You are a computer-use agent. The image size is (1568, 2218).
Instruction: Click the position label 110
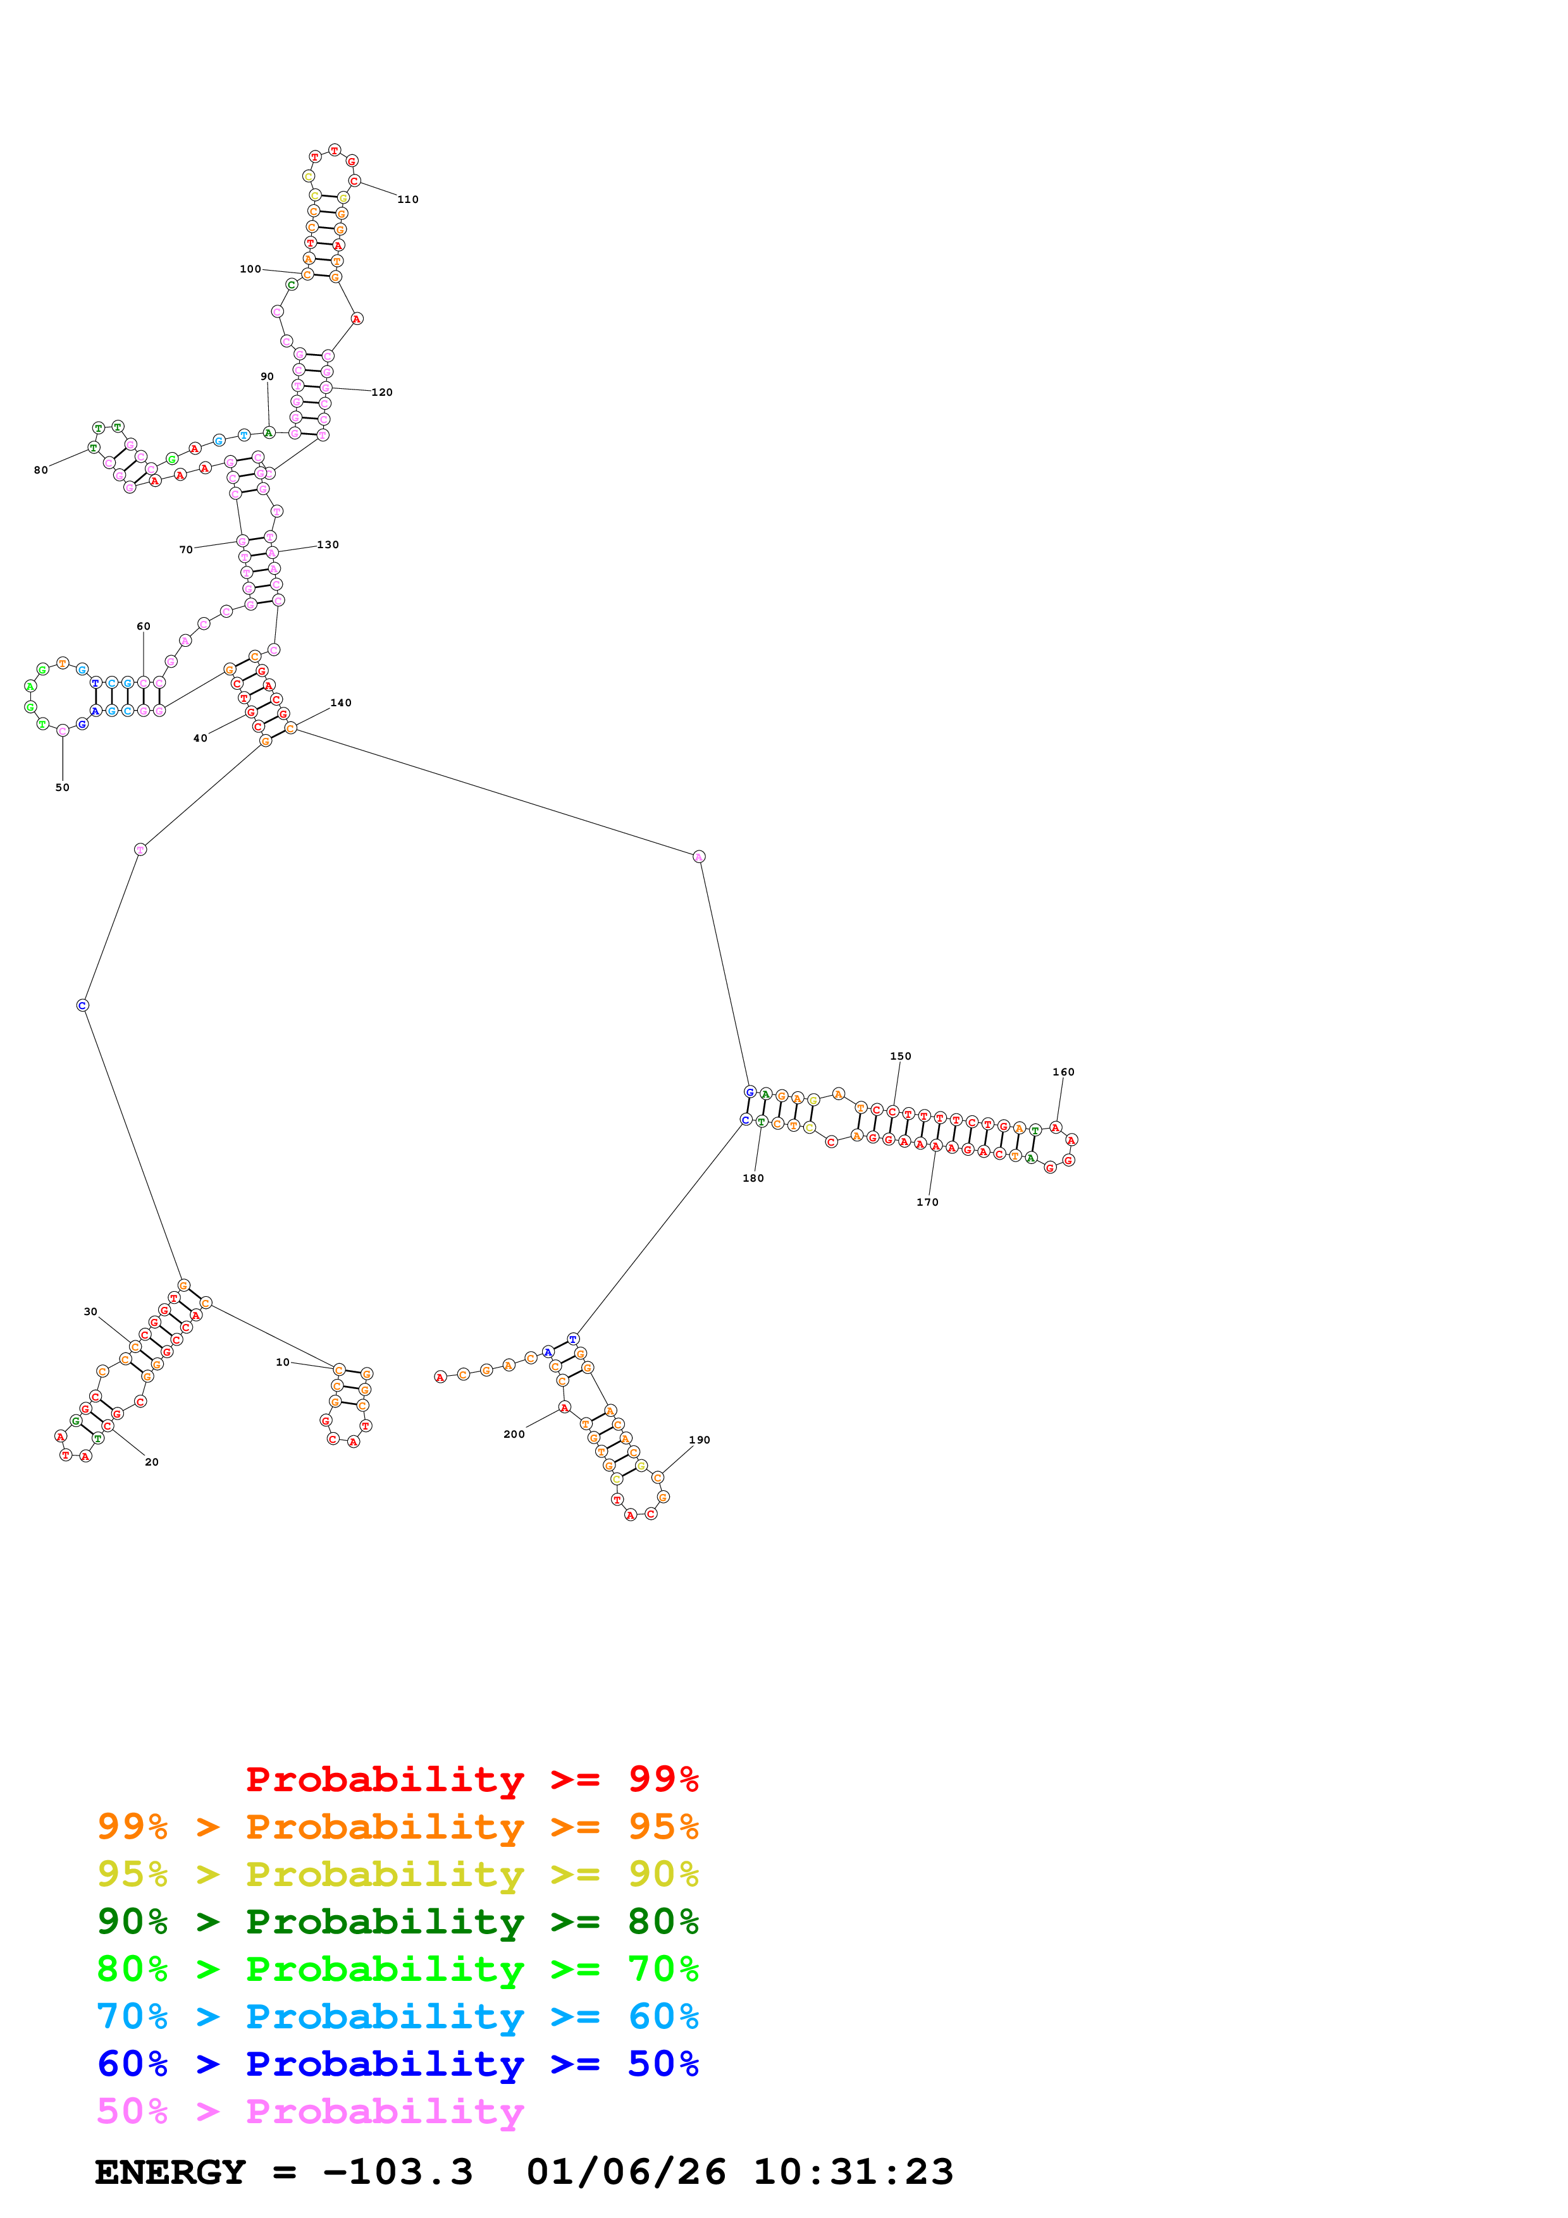pyautogui.click(x=408, y=200)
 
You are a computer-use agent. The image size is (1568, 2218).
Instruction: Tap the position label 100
pyautogui.click(x=250, y=269)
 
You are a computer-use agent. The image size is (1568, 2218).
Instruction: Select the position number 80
pyautogui.click(x=40, y=470)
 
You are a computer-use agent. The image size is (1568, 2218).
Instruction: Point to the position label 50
pyautogui.click(x=62, y=787)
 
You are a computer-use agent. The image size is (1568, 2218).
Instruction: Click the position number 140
pyautogui.click(x=341, y=703)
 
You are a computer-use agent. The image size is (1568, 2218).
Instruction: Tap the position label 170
pyautogui.click(x=927, y=1203)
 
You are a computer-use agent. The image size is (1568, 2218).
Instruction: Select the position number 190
pyautogui.click(x=700, y=1440)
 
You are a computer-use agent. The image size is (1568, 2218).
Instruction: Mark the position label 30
pyautogui.click(x=90, y=1312)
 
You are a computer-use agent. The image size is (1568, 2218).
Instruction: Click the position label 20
pyautogui.click(x=152, y=1462)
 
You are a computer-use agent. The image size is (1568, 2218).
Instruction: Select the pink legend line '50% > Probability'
pyautogui.click(x=310, y=2112)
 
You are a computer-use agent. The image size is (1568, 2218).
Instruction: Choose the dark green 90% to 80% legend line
pyautogui.click(x=397, y=1922)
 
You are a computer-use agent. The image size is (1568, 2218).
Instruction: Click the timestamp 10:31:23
pyautogui.click(x=853, y=2172)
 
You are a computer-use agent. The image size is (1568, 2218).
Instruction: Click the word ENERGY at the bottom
pyautogui.click(x=170, y=2172)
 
